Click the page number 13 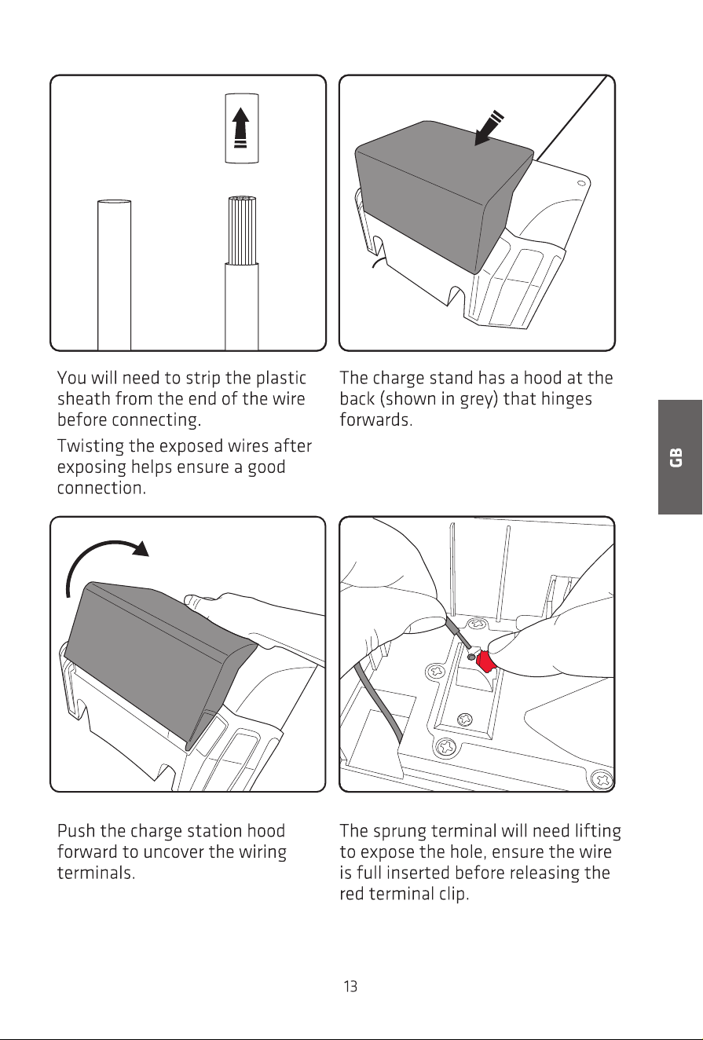pyautogui.click(x=350, y=986)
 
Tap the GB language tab pyautogui.click(x=679, y=457)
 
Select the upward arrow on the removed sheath pyautogui.click(x=240, y=128)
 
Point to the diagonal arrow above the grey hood pyautogui.click(x=489, y=127)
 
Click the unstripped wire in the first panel pyautogui.click(x=114, y=275)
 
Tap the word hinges pyautogui.click(x=566, y=400)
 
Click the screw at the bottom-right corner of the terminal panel pyautogui.click(x=603, y=779)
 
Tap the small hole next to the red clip pyautogui.click(x=470, y=657)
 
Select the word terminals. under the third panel pyautogui.click(x=96, y=873)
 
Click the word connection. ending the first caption pyautogui.click(x=101, y=489)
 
